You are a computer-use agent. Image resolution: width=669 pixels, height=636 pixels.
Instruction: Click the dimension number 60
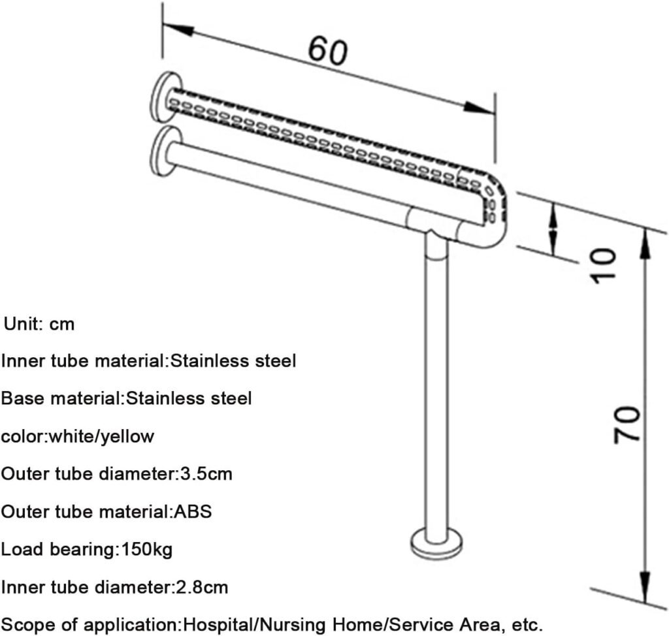coord(328,51)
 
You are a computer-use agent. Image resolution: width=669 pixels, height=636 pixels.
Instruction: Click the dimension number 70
coord(627,425)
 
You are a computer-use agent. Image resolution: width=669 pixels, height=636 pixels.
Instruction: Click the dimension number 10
coord(603,265)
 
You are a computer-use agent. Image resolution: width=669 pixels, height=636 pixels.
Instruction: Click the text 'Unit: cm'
coord(39,324)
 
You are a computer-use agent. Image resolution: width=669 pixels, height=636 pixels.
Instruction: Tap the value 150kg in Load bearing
coord(147,549)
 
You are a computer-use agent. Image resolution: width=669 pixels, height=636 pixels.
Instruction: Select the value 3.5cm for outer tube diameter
coord(206,474)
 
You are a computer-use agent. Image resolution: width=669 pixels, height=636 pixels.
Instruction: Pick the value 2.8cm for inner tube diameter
coord(203,588)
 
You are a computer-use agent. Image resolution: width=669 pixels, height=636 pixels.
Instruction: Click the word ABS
coord(193,511)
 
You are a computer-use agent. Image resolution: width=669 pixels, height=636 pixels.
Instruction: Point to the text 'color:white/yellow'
coord(78,437)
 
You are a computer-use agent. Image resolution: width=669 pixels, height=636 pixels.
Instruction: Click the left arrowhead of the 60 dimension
coord(178,29)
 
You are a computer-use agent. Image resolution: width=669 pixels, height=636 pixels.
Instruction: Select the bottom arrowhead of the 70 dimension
coord(646,588)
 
